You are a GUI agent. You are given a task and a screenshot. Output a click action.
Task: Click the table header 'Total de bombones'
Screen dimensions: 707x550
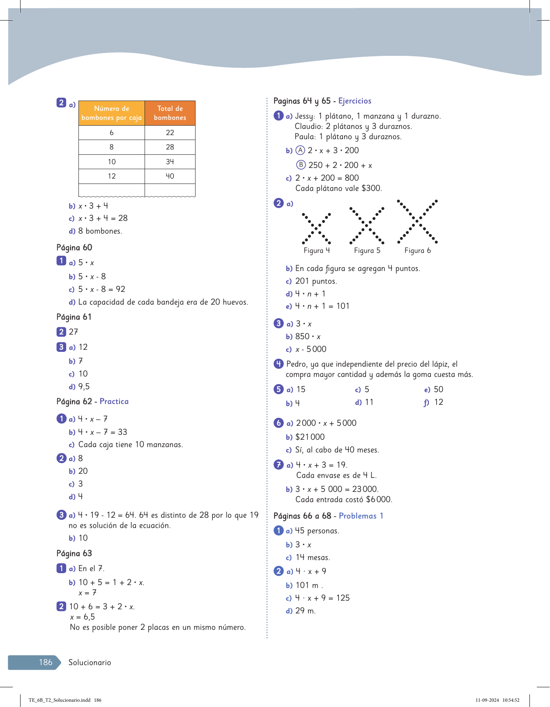click(x=170, y=113)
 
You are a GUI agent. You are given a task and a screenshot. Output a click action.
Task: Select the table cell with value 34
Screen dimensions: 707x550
click(x=170, y=162)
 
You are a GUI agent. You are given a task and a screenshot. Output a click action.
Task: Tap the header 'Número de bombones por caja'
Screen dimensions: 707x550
click(x=112, y=113)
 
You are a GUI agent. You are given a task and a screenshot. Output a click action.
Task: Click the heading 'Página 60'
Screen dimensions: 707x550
click(x=74, y=248)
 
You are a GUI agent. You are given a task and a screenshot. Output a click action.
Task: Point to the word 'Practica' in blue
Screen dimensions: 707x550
click(x=114, y=402)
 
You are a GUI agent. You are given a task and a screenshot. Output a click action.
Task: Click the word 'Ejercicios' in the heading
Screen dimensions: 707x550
click(x=355, y=101)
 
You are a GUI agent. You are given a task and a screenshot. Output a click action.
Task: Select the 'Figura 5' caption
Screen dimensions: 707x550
click(x=367, y=250)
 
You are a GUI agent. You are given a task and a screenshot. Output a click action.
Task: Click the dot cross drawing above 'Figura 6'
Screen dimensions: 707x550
click(x=417, y=222)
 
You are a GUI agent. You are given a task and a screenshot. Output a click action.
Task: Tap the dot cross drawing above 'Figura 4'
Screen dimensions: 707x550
click(x=316, y=229)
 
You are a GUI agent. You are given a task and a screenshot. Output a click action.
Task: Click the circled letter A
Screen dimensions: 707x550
click(x=301, y=150)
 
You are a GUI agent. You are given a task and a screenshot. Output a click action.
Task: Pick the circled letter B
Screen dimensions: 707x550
click(x=301, y=165)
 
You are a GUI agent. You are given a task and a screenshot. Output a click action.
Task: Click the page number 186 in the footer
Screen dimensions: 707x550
click(x=46, y=662)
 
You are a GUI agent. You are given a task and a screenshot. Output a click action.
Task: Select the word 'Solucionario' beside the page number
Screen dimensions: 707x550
click(x=90, y=662)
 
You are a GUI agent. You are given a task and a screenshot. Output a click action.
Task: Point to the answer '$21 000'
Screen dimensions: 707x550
click(x=310, y=437)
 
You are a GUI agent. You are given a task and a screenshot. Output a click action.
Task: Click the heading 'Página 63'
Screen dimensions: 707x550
click(x=74, y=553)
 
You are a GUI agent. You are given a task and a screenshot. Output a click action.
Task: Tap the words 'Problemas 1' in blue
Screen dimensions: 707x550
click(x=361, y=516)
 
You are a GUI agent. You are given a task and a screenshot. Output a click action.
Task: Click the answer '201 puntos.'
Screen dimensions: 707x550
click(x=316, y=281)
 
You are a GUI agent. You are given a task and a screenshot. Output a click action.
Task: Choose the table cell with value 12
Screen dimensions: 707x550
click(x=112, y=176)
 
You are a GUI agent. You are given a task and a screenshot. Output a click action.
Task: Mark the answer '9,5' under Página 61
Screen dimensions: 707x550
click(x=84, y=387)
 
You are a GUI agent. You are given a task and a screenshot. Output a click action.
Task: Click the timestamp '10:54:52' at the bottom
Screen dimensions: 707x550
click(x=511, y=700)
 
